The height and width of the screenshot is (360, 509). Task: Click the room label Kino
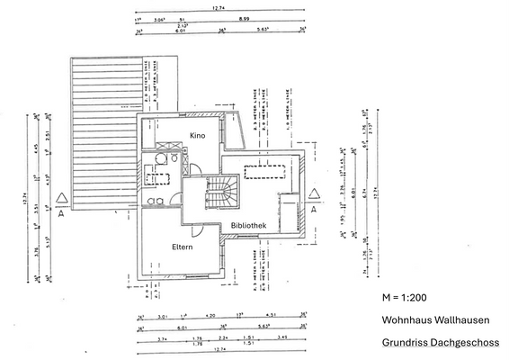point(198,135)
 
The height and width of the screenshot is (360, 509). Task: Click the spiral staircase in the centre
point(220,192)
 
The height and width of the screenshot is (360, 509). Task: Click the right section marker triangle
point(314,199)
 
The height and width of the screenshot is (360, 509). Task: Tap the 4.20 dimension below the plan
point(210,317)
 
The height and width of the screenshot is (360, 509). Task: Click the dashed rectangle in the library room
point(264,169)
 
